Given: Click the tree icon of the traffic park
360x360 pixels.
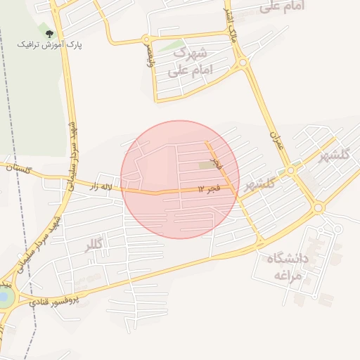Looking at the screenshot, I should point(49,34).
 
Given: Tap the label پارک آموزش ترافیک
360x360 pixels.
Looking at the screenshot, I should point(50,44).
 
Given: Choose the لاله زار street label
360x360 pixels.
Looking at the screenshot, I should point(101,187).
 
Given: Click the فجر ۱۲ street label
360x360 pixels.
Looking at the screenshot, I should point(210,189).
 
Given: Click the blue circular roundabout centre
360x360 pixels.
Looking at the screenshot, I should point(4,297).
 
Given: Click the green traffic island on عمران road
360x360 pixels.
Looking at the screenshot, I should point(290,171).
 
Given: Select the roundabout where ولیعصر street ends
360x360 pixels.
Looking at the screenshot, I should point(146,39).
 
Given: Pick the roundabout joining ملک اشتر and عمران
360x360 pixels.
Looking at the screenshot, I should point(243,63).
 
